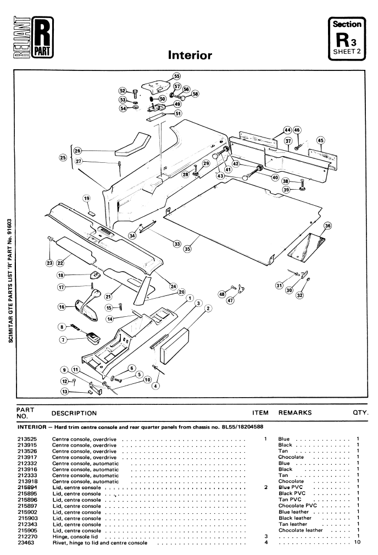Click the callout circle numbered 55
tap(176, 76)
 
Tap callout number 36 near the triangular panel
tap(328, 226)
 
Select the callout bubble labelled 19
tap(87, 198)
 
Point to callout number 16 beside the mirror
tap(62, 307)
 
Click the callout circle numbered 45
tap(320, 140)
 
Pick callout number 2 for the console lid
tap(208, 309)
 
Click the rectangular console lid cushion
tap(174, 346)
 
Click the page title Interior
tap(190, 55)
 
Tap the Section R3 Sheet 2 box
tap(347, 39)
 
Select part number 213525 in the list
tap(27, 439)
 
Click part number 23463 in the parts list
tap(25, 542)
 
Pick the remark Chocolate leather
tap(301, 530)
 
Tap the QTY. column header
tap(360, 413)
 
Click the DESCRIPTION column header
tap(74, 413)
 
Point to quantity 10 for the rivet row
tap(357, 542)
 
